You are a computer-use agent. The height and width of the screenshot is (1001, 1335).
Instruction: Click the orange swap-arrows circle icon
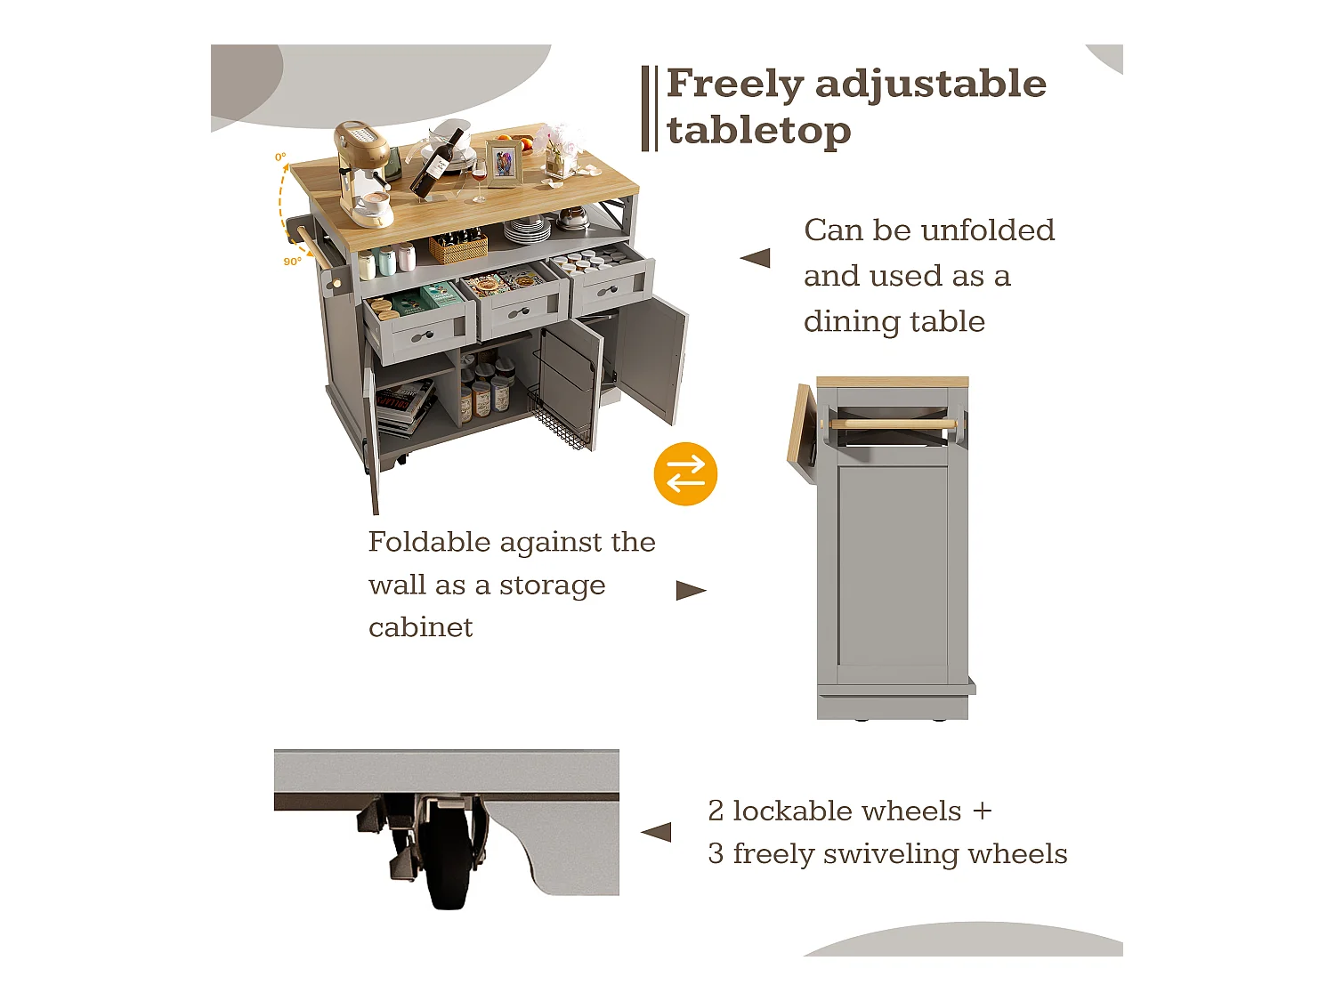pos(685,474)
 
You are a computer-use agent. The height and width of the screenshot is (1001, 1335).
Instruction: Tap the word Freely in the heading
pos(734,85)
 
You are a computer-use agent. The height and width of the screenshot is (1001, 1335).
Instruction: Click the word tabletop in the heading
pos(758,131)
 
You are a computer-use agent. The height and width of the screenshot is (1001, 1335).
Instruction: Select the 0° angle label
pos(280,157)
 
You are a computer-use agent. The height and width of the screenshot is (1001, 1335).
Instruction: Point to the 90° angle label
pos(292,262)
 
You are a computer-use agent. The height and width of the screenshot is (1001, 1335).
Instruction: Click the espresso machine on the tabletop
pos(362,169)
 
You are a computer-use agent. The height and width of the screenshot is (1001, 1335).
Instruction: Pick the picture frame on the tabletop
pos(504,164)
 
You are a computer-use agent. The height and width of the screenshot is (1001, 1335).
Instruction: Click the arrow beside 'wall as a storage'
pos(691,590)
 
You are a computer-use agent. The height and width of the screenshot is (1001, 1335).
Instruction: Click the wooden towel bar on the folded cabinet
pos(894,424)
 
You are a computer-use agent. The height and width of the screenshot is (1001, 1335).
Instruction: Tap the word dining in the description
pos(845,322)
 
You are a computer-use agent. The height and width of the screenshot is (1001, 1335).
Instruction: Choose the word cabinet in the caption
pos(420,627)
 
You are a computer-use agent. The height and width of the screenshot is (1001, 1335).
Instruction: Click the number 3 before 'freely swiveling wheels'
pos(716,854)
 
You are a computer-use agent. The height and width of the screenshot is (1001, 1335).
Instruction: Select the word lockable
pos(846,811)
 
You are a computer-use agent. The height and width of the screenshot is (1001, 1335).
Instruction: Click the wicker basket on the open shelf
pos(458,246)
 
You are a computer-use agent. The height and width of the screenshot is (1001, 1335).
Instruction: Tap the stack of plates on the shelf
pos(527,230)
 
